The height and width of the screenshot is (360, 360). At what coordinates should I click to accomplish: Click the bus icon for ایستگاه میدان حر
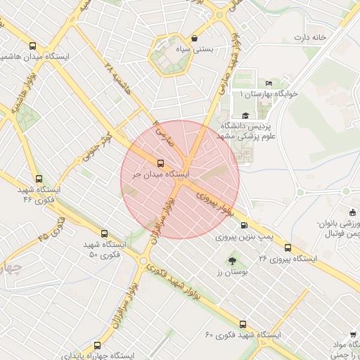[x=161, y=164]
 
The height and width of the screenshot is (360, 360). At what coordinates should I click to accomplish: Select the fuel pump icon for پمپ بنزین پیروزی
[x=243, y=226]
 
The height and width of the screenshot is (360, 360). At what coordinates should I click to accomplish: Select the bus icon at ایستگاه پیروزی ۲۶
[x=288, y=248]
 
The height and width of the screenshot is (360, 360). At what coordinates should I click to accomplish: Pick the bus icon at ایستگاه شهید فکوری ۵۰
[x=104, y=233]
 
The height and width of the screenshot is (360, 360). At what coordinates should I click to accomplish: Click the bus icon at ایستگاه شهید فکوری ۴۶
[x=39, y=179]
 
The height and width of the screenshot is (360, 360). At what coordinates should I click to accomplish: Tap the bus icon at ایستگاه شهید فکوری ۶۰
[x=243, y=325]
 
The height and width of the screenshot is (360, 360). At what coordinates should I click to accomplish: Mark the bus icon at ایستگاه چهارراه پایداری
[x=97, y=345]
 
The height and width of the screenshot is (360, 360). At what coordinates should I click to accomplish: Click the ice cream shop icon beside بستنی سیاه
[x=194, y=38]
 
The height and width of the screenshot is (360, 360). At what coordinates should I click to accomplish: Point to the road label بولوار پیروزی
[x=214, y=200]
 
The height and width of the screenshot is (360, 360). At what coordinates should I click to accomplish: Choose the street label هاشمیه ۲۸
[x=117, y=78]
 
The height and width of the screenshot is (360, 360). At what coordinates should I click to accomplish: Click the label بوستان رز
[x=228, y=272]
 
